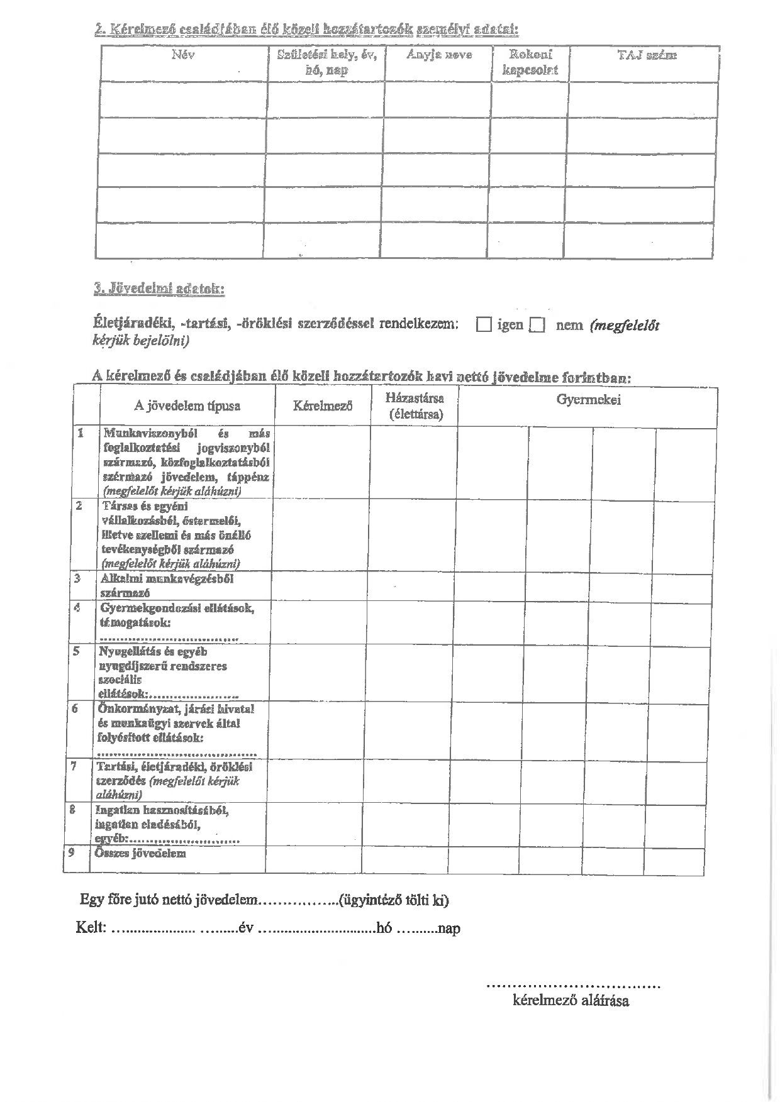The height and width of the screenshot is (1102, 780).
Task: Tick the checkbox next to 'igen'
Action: pyautogui.click(x=483, y=325)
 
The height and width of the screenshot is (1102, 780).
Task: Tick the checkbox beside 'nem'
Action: pyautogui.click(x=537, y=325)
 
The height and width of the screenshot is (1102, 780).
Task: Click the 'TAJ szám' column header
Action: pyautogui.click(x=647, y=56)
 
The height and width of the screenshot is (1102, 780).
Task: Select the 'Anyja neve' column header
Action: pyautogui.click(x=438, y=55)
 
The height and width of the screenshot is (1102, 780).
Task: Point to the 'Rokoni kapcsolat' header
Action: pyautogui.click(x=530, y=62)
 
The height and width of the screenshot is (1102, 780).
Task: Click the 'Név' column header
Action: pyautogui.click(x=183, y=55)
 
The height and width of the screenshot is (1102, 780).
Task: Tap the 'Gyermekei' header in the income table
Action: pyautogui.click(x=588, y=400)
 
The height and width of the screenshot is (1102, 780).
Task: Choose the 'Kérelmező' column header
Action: pyautogui.click(x=323, y=406)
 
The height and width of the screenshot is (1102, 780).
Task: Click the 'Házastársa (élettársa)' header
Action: pyautogui.click(x=415, y=406)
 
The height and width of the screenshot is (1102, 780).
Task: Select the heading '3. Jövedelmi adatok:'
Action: pyautogui.click(x=159, y=289)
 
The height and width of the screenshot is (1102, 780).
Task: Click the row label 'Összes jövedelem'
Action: pyautogui.click(x=140, y=854)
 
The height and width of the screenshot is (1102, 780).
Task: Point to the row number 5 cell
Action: pyautogui.click(x=76, y=651)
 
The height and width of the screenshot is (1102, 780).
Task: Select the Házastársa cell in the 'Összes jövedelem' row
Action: pyautogui.click(x=406, y=859)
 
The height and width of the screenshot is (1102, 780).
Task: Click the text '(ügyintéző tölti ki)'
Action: pyautogui.click(x=394, y=900)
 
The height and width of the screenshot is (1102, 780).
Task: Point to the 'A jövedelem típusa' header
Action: pyautogui.click(x=187, y=406)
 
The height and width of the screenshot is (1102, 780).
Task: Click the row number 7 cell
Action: pyautogui.click(x=74, y=767)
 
